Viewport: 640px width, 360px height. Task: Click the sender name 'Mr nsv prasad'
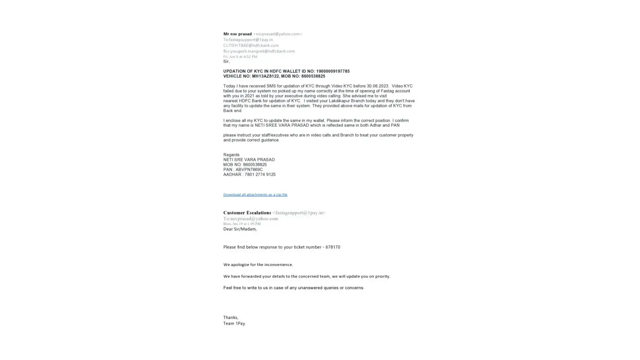237,34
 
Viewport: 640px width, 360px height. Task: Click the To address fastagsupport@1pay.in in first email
251,40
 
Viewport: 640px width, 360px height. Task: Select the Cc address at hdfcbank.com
254,45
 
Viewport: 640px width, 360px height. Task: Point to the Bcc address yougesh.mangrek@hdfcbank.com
262,51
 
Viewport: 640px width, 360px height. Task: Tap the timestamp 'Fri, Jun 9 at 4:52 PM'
240,57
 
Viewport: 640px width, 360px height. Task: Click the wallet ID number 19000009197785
333,71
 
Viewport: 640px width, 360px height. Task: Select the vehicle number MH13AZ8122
265,76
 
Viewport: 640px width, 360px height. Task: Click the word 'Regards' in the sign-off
231,155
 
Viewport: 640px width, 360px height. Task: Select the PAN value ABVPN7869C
249,170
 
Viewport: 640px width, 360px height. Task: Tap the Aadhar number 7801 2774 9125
260,175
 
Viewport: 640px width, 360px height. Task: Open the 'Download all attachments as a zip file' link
255,195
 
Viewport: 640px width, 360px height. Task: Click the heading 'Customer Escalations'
247,213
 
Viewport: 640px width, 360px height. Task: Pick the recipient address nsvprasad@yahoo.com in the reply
254,219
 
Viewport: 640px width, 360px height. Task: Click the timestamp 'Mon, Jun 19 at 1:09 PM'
242,224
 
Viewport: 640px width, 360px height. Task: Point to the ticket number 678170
333,247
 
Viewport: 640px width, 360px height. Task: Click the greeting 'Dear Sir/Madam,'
240,229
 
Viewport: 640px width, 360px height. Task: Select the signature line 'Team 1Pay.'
234,324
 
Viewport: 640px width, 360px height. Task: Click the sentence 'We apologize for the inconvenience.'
258,265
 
